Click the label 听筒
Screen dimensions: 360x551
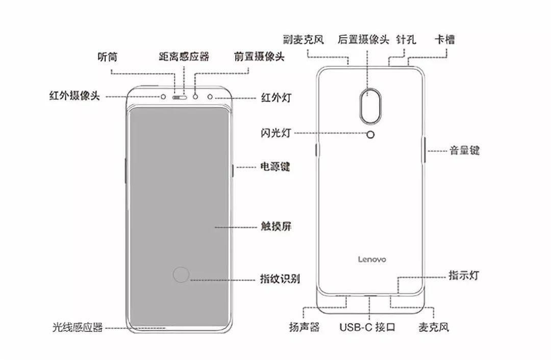click(107, 57)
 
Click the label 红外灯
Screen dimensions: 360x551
click(276, 97)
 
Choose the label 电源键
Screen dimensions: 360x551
click(275, 167)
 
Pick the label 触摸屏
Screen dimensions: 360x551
click(275, 226)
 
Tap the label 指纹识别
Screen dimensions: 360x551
click(280, 279)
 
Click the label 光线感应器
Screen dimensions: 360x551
click(78, 327)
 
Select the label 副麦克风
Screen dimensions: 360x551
click(304, 39)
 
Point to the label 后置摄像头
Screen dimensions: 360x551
click(364, 39)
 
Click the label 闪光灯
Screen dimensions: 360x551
click(275, 133)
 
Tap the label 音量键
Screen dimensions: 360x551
click(464, 151)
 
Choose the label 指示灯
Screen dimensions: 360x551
click(464, 276)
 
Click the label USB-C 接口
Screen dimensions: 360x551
click(368, 327)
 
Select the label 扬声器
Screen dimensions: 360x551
click(304, 327)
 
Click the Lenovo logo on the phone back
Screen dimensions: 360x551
click(371, 259)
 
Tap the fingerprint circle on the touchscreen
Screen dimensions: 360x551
click(181, 275)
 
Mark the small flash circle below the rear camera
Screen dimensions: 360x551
click(371, 134)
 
